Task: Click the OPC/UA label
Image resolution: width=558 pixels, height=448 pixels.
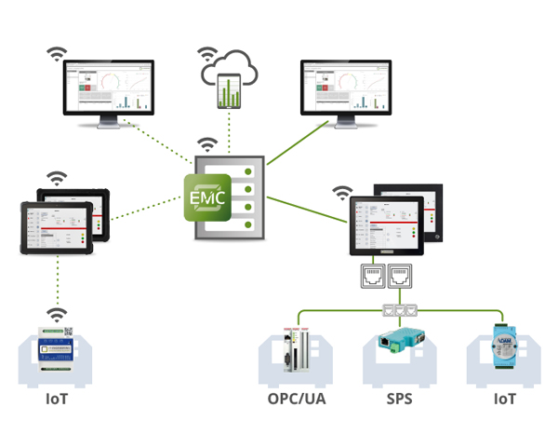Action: (x=297, y=400)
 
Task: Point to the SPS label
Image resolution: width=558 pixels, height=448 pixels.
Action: (x=399, y=400)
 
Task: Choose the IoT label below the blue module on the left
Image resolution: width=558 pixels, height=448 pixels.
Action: (x=57, y=400)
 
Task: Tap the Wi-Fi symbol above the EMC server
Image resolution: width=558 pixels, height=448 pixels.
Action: (x=207, y=144)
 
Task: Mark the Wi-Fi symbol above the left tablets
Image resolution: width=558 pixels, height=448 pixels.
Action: (x=57, y=177)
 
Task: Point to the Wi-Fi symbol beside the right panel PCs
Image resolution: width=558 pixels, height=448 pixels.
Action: (x=343, y=194)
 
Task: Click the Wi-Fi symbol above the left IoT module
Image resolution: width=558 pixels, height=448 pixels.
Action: (x=56, y=315)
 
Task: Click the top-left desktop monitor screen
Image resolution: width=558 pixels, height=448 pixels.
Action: (x=109, y=89)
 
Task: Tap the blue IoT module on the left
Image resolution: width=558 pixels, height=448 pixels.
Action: (x=57, y=349)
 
